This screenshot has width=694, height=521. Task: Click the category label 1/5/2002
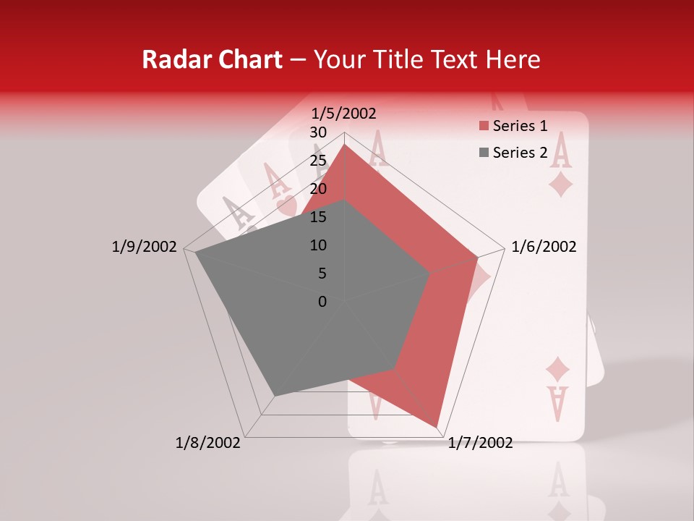pos(344,113)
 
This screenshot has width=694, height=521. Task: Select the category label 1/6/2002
pos(544,247)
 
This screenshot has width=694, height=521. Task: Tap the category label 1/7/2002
pos(480,443)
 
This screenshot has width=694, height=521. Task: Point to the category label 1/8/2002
pos(208,443)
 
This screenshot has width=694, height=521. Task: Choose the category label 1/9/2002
pos(144,247)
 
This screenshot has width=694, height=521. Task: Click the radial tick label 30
pos(318,132)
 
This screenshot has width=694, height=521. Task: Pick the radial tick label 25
pos(318,161)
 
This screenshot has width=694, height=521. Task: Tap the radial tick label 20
pos(318,189)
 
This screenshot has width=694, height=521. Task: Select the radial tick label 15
pos(318,217)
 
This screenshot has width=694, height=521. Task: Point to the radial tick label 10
pos(318,245)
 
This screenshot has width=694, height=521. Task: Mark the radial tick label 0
pos(322,302)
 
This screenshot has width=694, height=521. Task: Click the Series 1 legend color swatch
pos(483,126)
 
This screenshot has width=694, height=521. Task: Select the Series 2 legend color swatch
pos(483,153)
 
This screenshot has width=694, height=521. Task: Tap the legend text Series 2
pos(520,153)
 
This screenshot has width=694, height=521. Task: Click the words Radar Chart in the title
pos(212,59)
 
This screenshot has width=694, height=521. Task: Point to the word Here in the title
pos(513,59)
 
